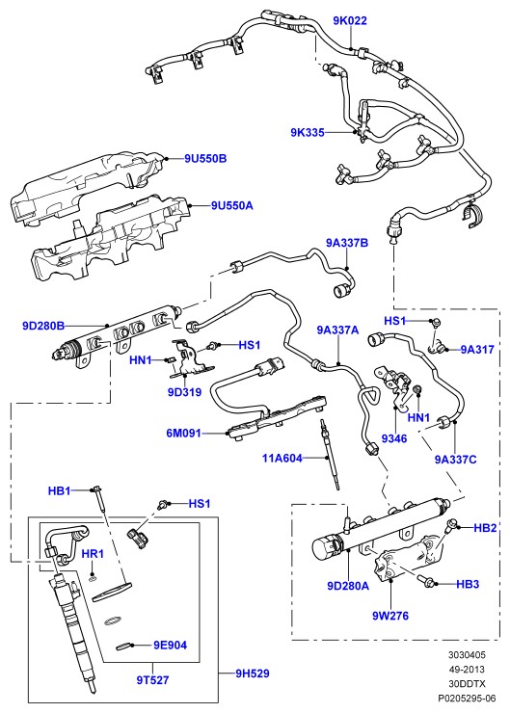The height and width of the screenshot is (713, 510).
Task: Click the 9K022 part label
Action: (x=349, y=20)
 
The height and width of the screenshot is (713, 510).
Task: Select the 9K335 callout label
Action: (x=308, y=132)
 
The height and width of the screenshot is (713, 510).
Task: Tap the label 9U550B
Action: (x=205, y=159)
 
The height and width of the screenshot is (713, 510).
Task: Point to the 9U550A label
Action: (x=232, y=205)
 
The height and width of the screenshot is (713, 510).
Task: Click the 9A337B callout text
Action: (x=347, y=243)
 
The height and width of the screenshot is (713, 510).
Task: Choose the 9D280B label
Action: (x=43, y=326)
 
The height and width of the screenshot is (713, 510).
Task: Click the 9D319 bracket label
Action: (x=184, y=391)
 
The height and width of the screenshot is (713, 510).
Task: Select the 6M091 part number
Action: (x=183, y=433)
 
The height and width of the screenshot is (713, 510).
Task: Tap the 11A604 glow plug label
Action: (x=282, y=458)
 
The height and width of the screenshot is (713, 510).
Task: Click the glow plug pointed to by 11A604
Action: (x=330, y=455)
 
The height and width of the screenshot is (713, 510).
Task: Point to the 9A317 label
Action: (x=477, y=350)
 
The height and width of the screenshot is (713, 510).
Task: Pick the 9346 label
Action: (x=394, y=438)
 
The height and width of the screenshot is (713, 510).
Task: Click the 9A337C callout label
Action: (x=455, y=460)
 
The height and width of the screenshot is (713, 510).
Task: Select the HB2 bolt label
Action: (x=485, y=528)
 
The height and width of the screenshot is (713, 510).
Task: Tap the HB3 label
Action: (x=468, y=584)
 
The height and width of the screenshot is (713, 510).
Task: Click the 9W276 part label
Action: (x=390, y=616)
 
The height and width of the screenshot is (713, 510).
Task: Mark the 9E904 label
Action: (x=170, y=646)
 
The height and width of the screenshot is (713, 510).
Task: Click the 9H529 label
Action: (x=252, y=673)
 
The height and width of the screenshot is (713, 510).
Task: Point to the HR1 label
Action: (x=93, y=554)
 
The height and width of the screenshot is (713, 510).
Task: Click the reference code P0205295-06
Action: (x=467, y=698)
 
